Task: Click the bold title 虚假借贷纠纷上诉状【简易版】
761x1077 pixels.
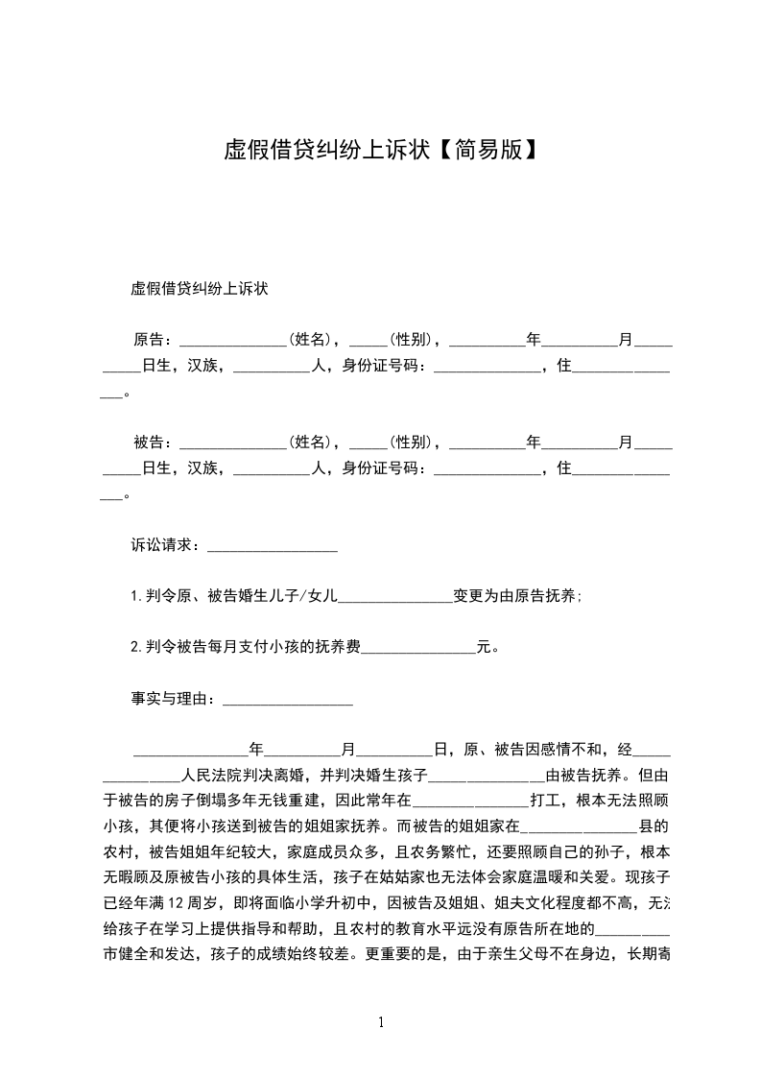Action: tap(380, 149)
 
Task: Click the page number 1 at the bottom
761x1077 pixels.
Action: tap(381, 1021)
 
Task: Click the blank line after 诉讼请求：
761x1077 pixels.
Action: tap(273, 547)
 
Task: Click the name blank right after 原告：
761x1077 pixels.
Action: tap(233, 341)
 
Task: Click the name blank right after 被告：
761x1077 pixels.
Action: tap(233, 444)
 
